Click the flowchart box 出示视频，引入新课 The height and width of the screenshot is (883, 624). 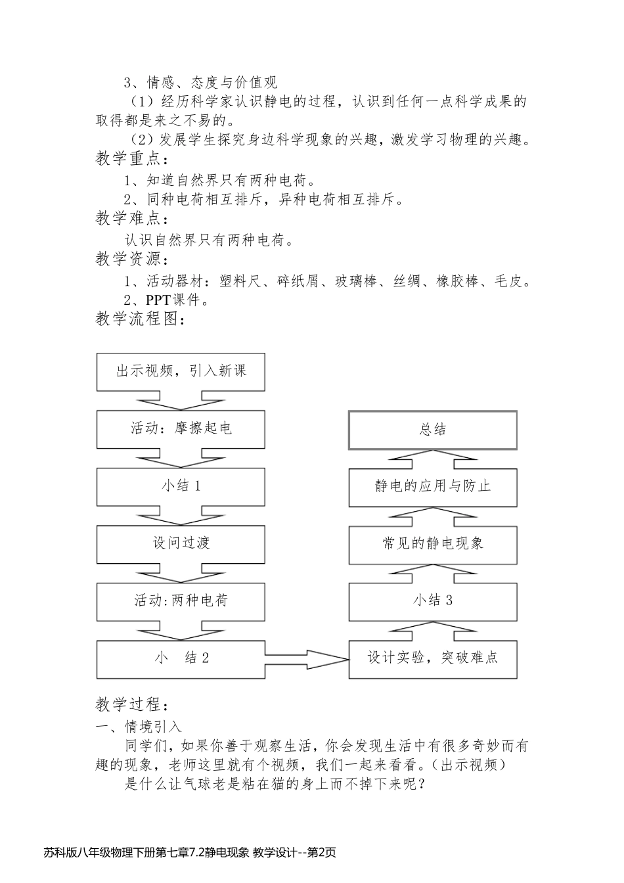point(181,371)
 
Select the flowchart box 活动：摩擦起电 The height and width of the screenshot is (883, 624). point(181,429)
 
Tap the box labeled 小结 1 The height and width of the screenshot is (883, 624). point(181,486)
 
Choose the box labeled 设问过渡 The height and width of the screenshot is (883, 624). point(181,543)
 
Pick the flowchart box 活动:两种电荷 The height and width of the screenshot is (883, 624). point(181,600)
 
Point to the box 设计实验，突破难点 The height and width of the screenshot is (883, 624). point(433,658)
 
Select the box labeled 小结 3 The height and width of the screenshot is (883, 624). point(433,600)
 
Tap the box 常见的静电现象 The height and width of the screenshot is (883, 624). point(433,543)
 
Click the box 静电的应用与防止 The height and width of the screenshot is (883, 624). point(433,487)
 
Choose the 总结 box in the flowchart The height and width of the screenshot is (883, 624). point(433,430)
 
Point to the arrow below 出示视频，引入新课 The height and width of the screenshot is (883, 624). point(181,401)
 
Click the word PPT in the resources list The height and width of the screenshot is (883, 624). point(158,300)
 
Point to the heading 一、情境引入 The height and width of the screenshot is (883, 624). point(139,726)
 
